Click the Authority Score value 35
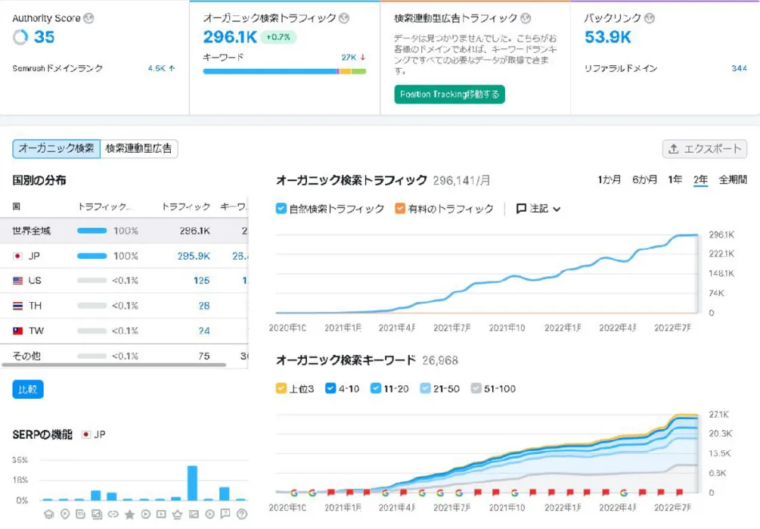tap(44, 37)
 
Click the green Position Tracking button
tap(449, 95)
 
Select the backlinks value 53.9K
tap(607, 37)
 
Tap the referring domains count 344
tap(739, 68)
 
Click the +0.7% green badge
tap(279, 37)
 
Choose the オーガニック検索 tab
tap(57, 148)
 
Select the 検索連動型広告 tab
tap(139, 148)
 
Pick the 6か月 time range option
tap(644, 179)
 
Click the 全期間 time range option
tap(732, 179)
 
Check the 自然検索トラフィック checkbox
tap(281, 208)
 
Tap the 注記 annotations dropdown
tap(538, 208)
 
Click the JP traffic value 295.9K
tap(194, 256)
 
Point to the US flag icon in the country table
tap(18, 281)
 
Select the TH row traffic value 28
tap(203, 306)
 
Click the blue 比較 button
tap(28, 389)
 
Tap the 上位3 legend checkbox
tap(281, 388)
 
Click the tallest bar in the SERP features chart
tap(192, 482)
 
